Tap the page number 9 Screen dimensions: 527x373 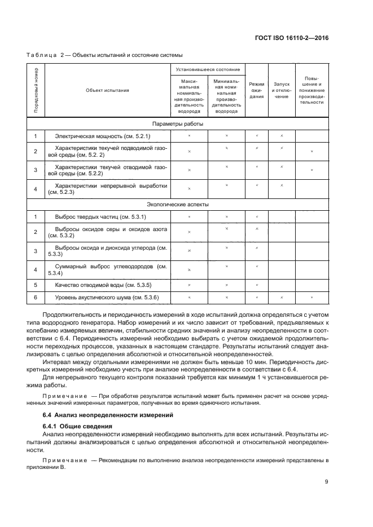point(327,481)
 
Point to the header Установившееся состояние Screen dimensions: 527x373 point(208,69)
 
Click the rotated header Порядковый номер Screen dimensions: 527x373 point(36,90)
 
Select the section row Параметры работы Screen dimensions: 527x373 point(178,123)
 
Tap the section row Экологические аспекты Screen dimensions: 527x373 point(178,205)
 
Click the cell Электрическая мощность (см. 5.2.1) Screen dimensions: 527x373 point(102,136)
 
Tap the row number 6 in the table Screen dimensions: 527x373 point(36,297)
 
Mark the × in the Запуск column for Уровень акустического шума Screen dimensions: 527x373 point(282,297)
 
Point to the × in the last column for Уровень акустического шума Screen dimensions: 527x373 point(311,297)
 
